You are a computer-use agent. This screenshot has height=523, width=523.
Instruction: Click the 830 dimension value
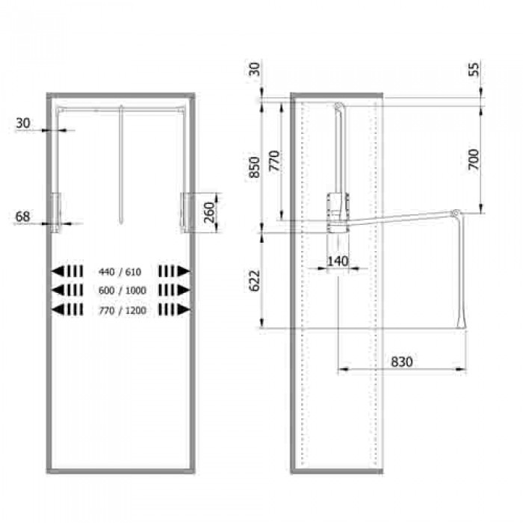point(402,362)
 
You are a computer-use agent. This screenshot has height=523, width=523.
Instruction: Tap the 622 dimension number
point(255,280)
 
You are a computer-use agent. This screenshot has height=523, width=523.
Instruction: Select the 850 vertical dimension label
point(255,167)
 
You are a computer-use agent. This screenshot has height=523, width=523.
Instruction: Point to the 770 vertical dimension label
point(274,161)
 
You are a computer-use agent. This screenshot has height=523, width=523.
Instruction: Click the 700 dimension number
point(474,159)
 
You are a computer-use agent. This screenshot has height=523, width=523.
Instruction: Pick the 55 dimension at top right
point(474,69)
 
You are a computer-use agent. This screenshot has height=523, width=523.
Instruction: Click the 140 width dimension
point(338,261)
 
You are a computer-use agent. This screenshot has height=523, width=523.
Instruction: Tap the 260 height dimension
point(209,213)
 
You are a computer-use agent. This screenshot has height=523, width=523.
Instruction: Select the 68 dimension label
point(22,217)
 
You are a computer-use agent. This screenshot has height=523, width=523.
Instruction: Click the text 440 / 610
point(120,272)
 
